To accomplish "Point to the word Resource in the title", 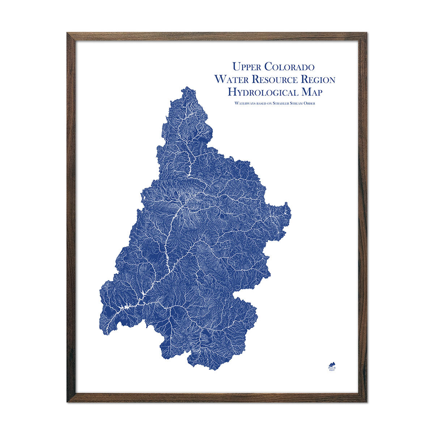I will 277,79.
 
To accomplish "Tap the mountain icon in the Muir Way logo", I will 331,363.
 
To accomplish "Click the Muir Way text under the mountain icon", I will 331,369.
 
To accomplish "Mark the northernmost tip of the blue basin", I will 187,87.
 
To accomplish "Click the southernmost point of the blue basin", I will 210,369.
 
